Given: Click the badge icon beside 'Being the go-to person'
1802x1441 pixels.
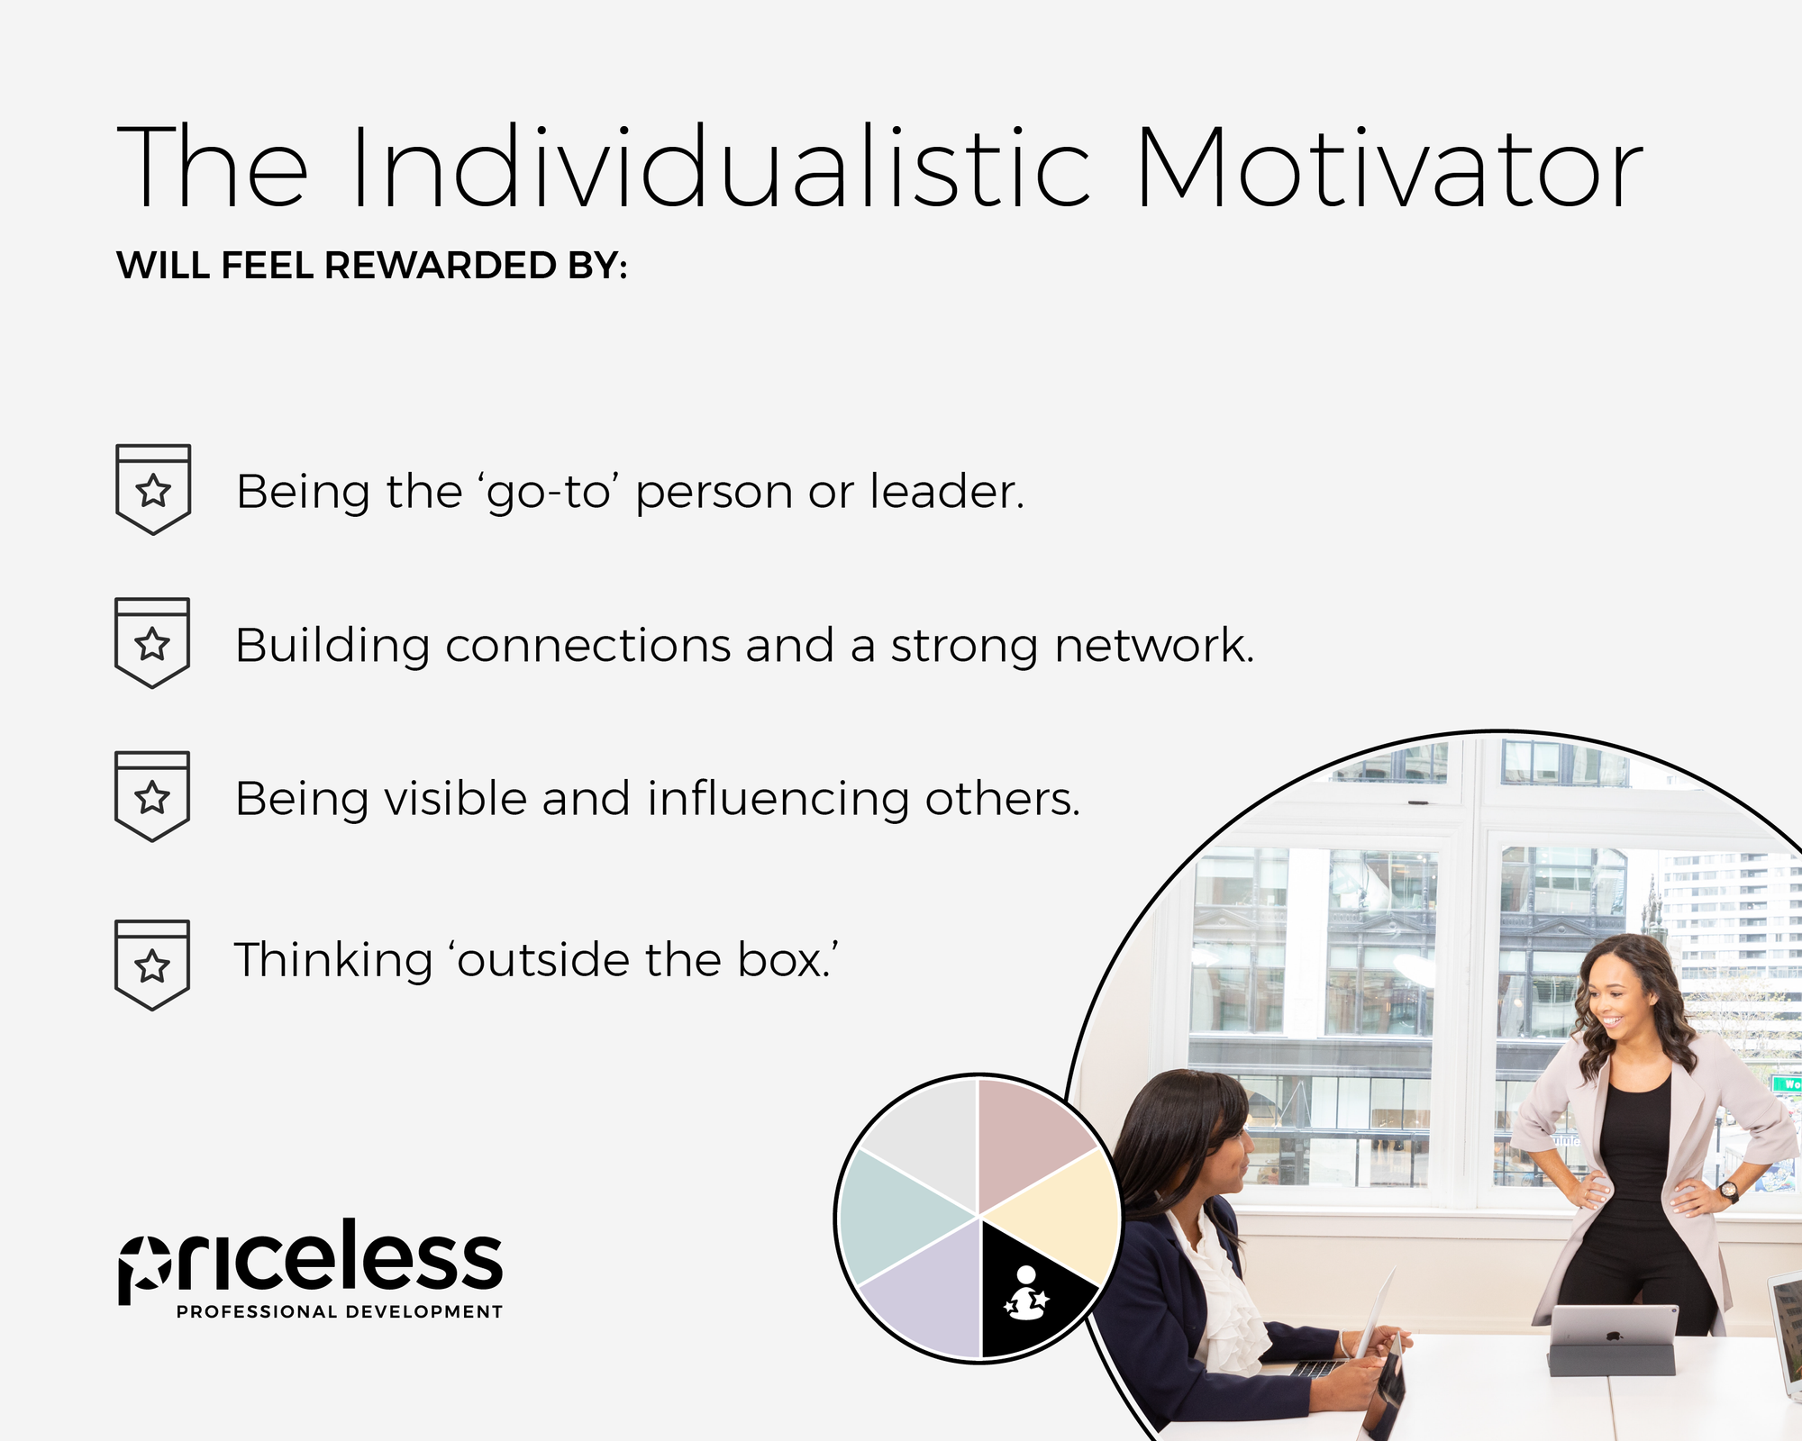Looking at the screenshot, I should (153, 489).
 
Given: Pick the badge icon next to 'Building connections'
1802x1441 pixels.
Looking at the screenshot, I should (152, 642).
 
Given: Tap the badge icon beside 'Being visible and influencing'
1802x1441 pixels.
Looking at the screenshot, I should (152, 796).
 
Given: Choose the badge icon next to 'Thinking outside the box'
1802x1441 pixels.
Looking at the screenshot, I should (152, 965).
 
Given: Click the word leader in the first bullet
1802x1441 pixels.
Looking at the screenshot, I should (946, 492).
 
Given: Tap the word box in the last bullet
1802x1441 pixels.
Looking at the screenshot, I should (784, 960).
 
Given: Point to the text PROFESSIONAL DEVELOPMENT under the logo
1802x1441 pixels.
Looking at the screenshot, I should (340, 1312).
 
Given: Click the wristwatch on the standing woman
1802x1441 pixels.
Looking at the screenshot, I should (1727, 1192).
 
